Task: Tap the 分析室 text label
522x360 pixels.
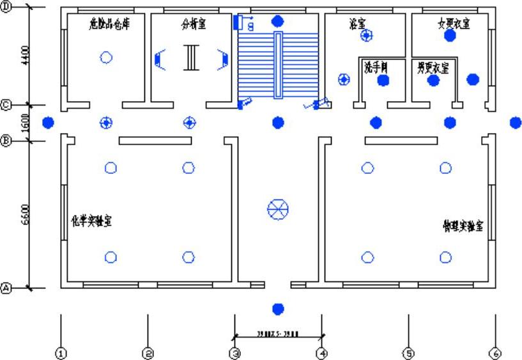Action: coord(194,25)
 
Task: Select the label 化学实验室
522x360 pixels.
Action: coord(91,221)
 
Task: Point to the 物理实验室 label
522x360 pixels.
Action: coord(463,226)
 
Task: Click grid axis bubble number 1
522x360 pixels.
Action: coord(61,352)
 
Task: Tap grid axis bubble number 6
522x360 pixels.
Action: coord(495,352)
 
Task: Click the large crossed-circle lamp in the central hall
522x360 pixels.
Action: coord(277,208)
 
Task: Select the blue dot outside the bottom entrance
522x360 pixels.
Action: coord(277,309)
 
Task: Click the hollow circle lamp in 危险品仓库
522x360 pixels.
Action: coord(106,58)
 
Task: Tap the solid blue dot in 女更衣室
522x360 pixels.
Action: coord(450,36)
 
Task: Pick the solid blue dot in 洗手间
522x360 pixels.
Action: coord(383,81)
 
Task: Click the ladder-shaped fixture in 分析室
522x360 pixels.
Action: coord(190,57)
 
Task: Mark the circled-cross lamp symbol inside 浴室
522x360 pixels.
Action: coord(366,36)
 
